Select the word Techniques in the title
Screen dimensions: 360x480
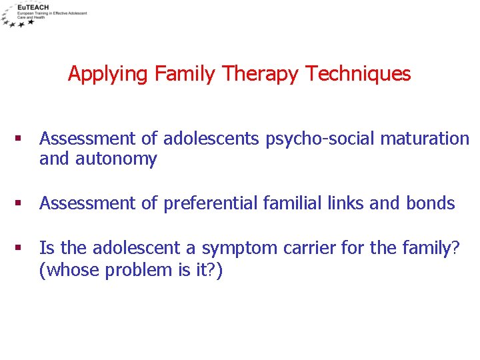pyautogui.click(x=358, y=73)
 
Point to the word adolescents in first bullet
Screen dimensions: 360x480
pyautogui.click(x=213, y=139)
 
